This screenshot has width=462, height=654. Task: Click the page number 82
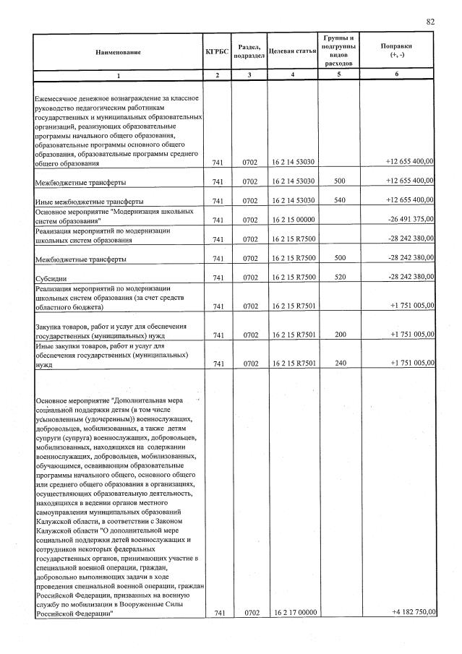coord(430,22)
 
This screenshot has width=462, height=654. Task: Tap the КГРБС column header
coord(215,51)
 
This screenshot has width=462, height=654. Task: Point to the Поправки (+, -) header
coord(397,51)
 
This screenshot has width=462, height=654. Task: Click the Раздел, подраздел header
coord(248,51)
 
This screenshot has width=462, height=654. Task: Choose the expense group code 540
coord(339,200)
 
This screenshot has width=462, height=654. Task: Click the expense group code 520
coord(339,277)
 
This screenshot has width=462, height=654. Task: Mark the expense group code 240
coord(339,363)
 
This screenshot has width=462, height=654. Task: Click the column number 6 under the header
coord(397,75)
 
